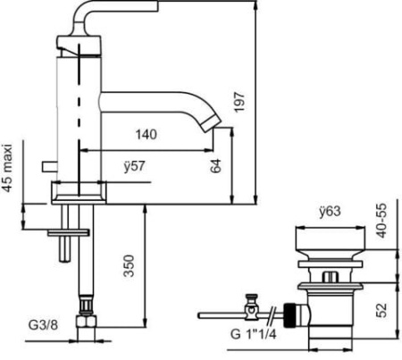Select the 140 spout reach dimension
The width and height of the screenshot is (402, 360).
point(147,135)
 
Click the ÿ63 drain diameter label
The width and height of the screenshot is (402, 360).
point(331,213)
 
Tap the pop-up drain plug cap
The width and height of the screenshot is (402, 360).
point(331,244)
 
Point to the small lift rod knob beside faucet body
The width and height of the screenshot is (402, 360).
point(50,167)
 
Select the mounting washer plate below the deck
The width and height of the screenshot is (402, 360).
point(69,231)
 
